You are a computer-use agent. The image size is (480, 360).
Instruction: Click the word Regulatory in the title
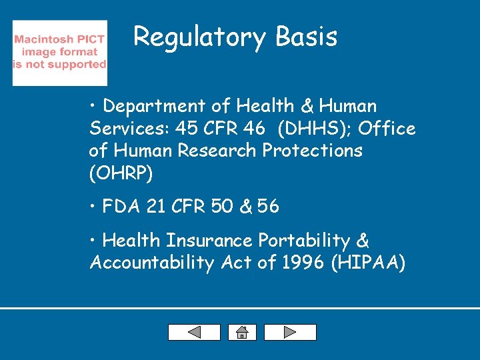pos(191,37)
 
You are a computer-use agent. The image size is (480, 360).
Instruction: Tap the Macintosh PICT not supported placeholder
pos(59,52)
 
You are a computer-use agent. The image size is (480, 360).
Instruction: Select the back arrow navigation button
pos(194,332)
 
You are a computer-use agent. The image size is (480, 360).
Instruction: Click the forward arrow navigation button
pos(290,332)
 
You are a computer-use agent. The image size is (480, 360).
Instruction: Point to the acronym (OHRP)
pos(121,173)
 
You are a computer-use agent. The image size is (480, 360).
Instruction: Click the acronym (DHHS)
pos(309,128)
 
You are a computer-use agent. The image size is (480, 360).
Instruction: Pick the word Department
pos(151,106)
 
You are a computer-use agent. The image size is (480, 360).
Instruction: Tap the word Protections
pos(313,151)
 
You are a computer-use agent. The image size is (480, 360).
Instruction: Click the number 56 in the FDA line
pos(268,207)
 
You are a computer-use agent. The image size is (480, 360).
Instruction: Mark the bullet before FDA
pos(93,207)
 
